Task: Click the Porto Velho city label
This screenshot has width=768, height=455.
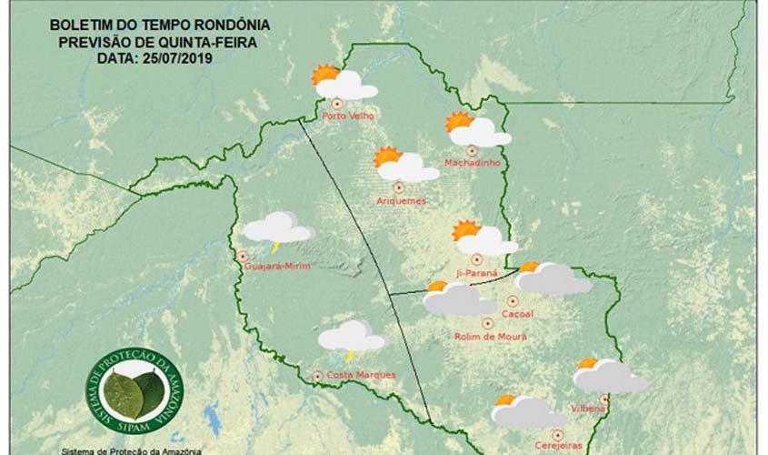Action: [x=348, y=116]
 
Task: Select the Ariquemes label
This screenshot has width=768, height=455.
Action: [x=401, y=200]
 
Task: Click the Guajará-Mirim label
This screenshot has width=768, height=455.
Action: [x=278, y=267]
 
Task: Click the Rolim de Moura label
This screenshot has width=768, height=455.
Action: [x=490, y=336]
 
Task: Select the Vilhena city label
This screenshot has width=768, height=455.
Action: [x=588, y=409]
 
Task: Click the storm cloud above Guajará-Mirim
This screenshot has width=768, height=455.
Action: [x=278, y=228]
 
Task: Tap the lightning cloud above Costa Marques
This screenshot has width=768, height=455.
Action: [x=352, y=338]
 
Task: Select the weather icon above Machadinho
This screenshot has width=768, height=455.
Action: [x=477, y=130]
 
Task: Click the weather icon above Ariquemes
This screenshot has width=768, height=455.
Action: [x=405, y=165]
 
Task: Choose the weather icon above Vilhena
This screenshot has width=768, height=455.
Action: [x=609, y=375]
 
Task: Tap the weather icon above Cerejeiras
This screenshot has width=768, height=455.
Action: [x=525, y=411]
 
